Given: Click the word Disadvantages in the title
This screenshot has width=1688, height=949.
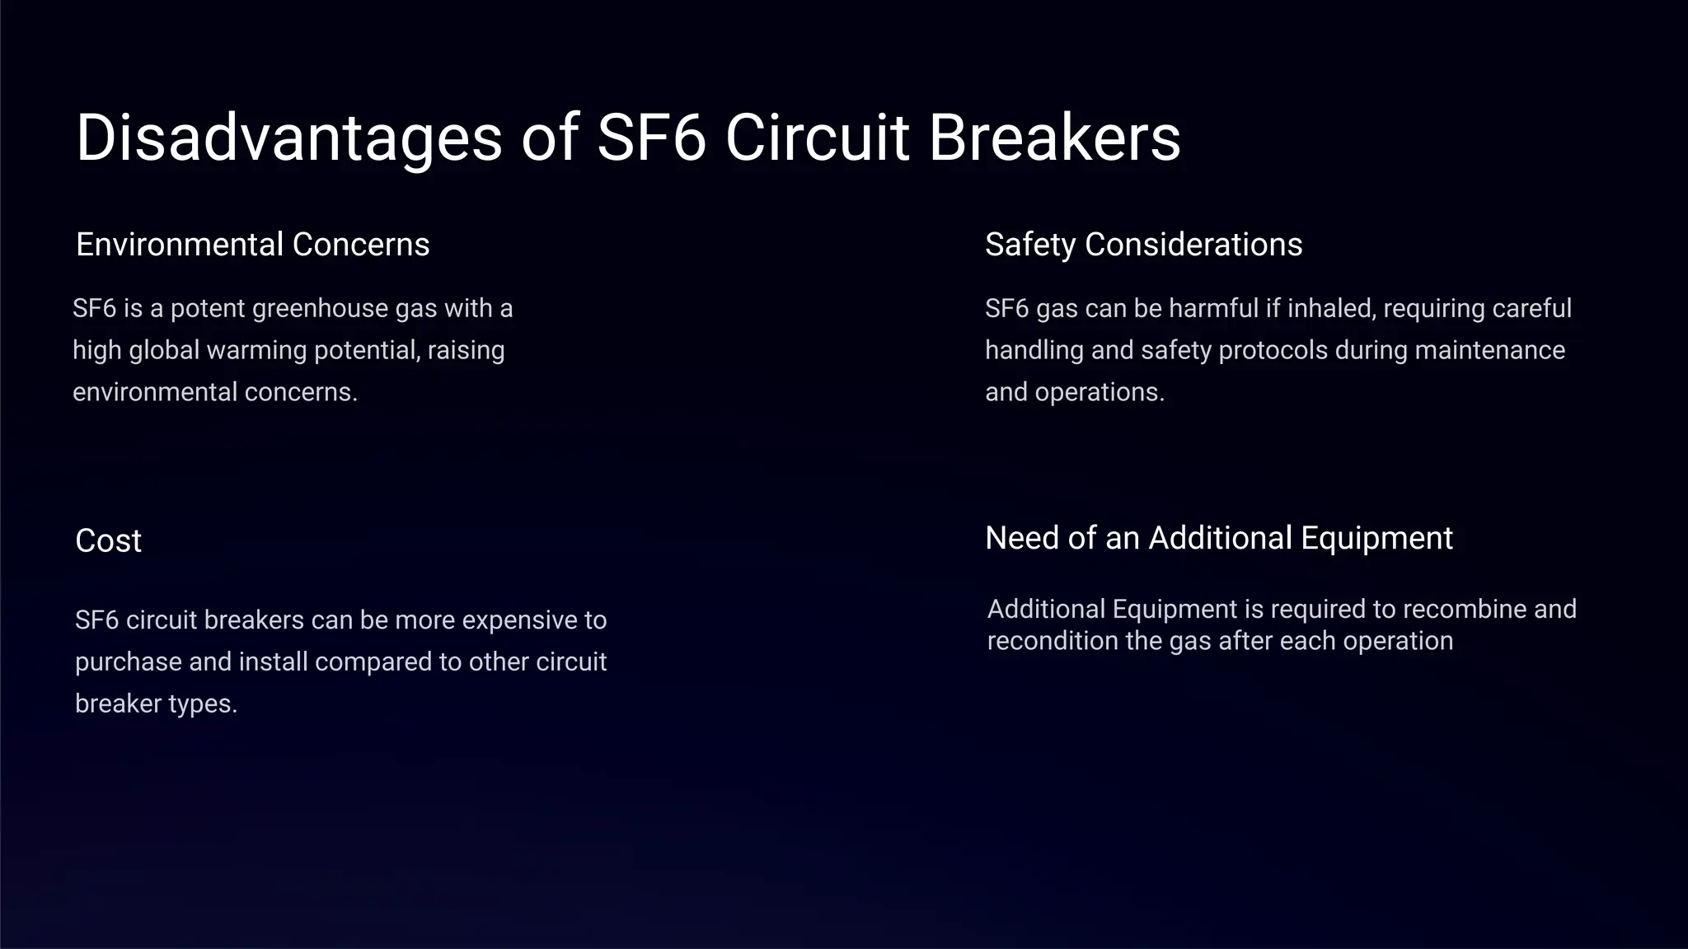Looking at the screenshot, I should pos(288,138).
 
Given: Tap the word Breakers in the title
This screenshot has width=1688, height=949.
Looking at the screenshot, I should pos(1054,138).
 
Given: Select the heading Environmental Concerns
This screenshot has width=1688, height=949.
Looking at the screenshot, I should pos(252,245).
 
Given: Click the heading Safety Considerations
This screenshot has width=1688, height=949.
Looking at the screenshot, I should pos(1143,245).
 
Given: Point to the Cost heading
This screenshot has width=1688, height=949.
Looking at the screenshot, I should pos(108,541).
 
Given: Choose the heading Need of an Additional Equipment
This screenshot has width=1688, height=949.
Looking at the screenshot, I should pos(1218,538).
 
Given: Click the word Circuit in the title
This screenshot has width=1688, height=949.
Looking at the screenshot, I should pos(817,138).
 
